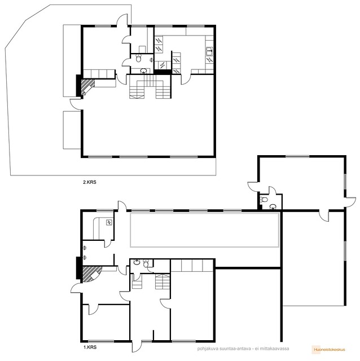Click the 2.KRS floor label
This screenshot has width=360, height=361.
90,182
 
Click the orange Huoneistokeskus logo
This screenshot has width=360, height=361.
330,350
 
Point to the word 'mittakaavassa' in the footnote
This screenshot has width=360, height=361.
275,349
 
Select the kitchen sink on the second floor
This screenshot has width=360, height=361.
209,51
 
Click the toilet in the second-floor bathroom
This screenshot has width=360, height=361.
138,58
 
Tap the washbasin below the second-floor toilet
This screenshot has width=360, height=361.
144,71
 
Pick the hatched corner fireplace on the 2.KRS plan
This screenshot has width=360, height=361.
87,87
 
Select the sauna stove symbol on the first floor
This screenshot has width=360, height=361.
109,222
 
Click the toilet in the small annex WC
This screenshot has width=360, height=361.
264,199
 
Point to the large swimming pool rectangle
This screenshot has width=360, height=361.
205,230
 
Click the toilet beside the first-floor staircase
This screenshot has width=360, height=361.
146,263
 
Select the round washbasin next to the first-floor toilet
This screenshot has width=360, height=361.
137,262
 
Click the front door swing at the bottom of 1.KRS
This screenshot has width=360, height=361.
137,346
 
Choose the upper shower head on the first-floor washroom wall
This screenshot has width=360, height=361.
85,248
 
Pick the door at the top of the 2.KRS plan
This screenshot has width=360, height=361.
122,20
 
